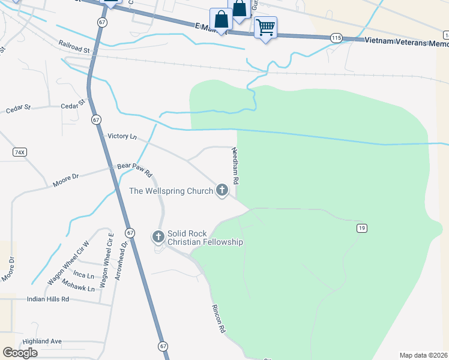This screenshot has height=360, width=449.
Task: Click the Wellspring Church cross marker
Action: pyautogui.click(x=222, y=191)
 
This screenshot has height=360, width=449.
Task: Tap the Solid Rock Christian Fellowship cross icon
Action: pyautogui.click(x=158, y=236)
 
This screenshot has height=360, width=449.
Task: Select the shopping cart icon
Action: pyautogui.click(x=265, y=26)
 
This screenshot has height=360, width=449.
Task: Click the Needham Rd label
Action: pyautogui.click(x=236, y=166)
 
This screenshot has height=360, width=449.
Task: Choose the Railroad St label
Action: pyautogui.click(x=74, y=47)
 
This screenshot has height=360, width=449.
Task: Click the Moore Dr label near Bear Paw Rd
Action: pyautogui.click(x=66, y=180)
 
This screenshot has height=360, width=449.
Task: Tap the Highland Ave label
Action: pyautogui.click(x=42, y=341)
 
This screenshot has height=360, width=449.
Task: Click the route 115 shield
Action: pyautogui.click(x=336, y=38)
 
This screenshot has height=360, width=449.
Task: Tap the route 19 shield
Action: pyautogui.click(x=361, y=228)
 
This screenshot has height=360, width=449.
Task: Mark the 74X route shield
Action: pyautogui.click(x=20, y=152)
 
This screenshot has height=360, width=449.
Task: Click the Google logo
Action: pyautogui.click(x=20, y=353)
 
